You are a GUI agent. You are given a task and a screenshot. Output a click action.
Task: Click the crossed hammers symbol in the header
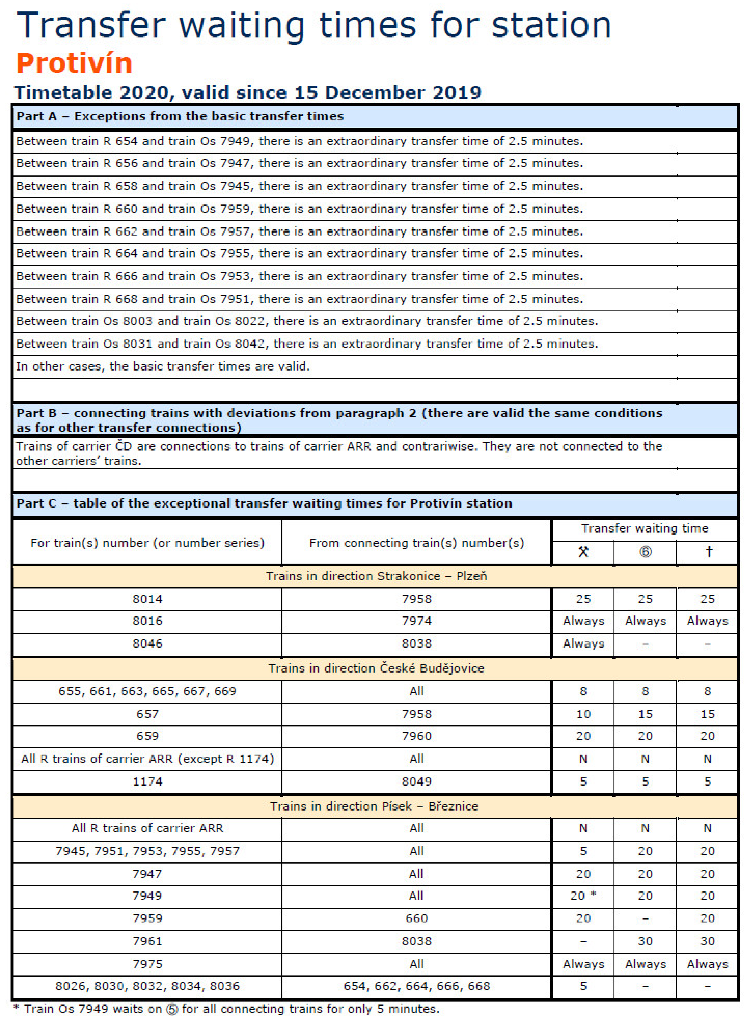pos(583,552)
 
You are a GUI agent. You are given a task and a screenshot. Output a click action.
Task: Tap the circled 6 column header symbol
pos(645,552)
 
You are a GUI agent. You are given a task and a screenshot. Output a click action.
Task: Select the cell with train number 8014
pos(147,599)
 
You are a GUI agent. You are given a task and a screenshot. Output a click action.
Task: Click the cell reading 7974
pos(416,621)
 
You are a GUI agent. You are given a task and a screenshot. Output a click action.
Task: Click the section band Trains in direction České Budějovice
pos(376,668)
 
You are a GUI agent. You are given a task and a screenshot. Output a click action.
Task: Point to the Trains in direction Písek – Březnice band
pos(374,806)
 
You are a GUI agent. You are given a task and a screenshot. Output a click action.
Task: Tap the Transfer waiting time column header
pos(644,528)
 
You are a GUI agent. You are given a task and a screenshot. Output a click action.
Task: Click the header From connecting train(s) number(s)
pos(416,543)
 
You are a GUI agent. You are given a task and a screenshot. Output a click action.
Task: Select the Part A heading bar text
pos(180,117)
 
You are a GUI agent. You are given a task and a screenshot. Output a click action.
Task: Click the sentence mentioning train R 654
pos(299,141)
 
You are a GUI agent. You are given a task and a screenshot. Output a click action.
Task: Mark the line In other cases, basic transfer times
pos(163,366)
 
